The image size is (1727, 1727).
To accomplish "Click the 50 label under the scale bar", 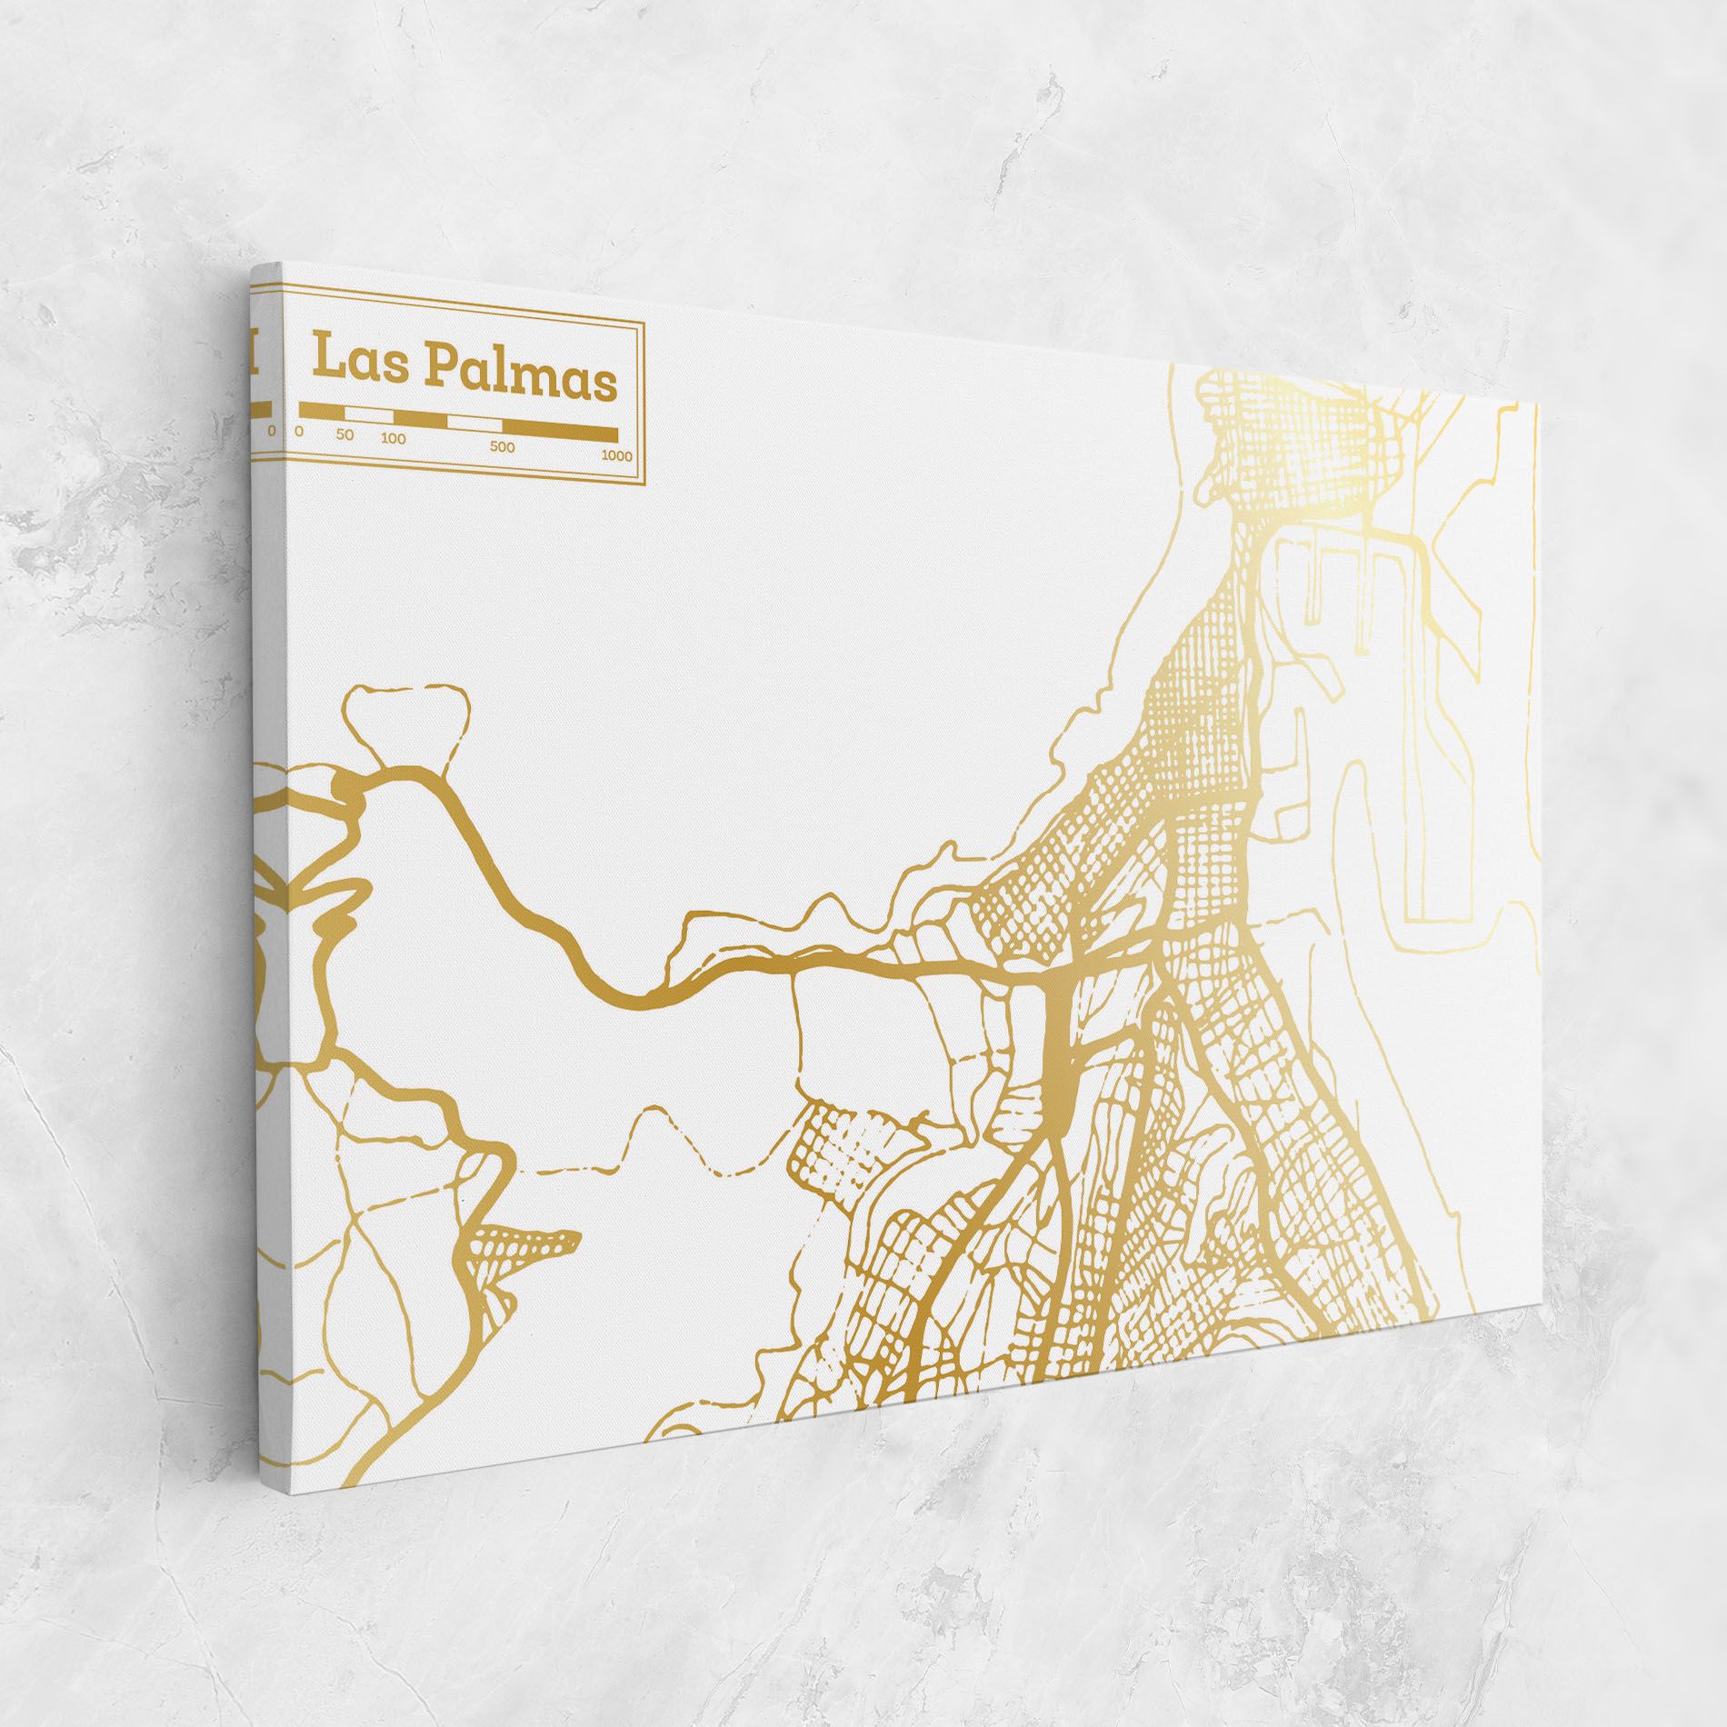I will click(344, 434).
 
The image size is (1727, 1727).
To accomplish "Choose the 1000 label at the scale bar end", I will click(616, 455).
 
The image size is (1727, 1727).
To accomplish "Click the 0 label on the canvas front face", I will click(299, 432).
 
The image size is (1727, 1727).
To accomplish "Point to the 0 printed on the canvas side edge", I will click(271, 430).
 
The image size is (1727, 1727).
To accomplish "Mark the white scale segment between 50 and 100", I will click(368, 414).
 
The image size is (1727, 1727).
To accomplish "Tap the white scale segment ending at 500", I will click(477, 424).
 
